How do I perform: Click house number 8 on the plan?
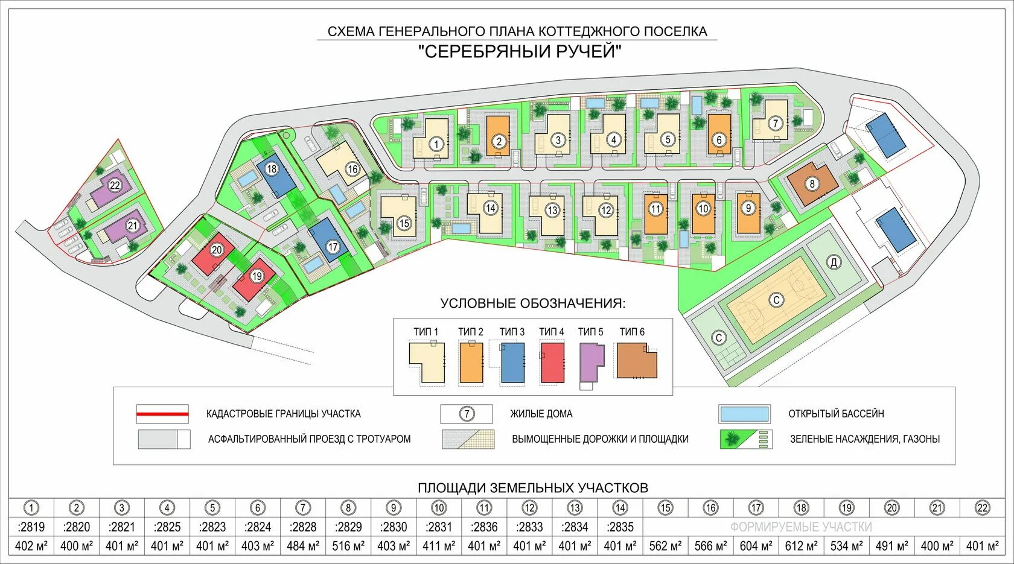click(812, 183)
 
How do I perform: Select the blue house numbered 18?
click(272, 170)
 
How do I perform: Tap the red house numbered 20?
click(217, 250)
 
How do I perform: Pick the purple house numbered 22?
click(115, 185)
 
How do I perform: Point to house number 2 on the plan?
click(499, 142)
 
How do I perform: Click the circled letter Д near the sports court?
click(834, 262)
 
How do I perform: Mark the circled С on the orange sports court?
click(776, 300)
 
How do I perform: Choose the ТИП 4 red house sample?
click(552, 363)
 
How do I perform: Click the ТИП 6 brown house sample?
click(636, 361)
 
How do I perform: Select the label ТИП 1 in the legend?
click(426, 332)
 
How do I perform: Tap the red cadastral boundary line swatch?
click(162, 414)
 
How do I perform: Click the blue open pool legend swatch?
click(744, 414)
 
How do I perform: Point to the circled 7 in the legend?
click(467, 414)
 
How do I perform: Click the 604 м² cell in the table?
click(756, 546)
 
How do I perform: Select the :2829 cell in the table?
click(348, 527)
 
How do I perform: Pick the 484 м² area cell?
click(303, 546)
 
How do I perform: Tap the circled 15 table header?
click(665, 508)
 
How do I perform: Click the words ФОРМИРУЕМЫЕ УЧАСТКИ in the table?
click(801, 527)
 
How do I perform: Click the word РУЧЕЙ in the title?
click(583, 51)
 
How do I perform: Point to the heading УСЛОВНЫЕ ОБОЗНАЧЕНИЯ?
click(533, 303)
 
